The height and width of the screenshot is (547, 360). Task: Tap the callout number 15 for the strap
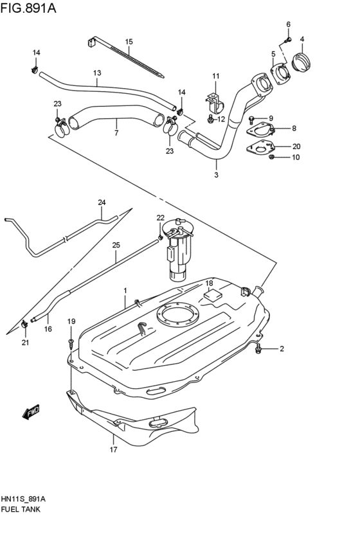coord(129,42)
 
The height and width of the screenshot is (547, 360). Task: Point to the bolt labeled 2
coord(258,349)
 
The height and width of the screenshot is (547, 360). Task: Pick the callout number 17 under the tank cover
coord(113,450)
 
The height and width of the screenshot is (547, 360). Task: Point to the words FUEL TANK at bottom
coord(22,509)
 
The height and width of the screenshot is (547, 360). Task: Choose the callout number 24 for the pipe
coord(102,203)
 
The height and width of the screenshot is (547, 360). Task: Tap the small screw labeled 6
coord(288,39)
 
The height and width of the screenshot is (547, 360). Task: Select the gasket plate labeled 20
coord(260,149)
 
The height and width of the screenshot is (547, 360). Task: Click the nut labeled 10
coord(272,157)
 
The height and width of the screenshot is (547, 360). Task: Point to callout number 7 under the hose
coord(116,134)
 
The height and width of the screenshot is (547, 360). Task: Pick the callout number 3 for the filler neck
coord(216,174)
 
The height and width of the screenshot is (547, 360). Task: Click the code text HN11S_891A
coord(23,498)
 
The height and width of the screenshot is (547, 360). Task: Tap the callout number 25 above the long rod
coord(116,245)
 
